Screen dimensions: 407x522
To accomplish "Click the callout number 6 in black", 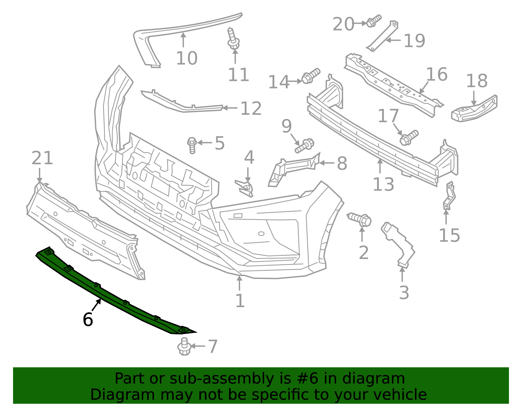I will tap(88, 320).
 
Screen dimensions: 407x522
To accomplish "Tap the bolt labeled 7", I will tap(184, 347).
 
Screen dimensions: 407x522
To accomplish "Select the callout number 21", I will tap(42, 158).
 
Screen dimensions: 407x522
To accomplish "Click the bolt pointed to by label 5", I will tap(192, 145).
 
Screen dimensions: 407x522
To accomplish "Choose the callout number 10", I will tap(187, 58).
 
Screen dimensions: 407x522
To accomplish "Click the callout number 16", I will tap(437, 75).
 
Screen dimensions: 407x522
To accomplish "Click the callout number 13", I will tap(383, 185).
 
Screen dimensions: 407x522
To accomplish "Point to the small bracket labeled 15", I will tap(449, 196).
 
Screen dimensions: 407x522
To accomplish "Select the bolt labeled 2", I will tap(359, 219).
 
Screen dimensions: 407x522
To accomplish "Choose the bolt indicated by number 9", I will tap(304, 146).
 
